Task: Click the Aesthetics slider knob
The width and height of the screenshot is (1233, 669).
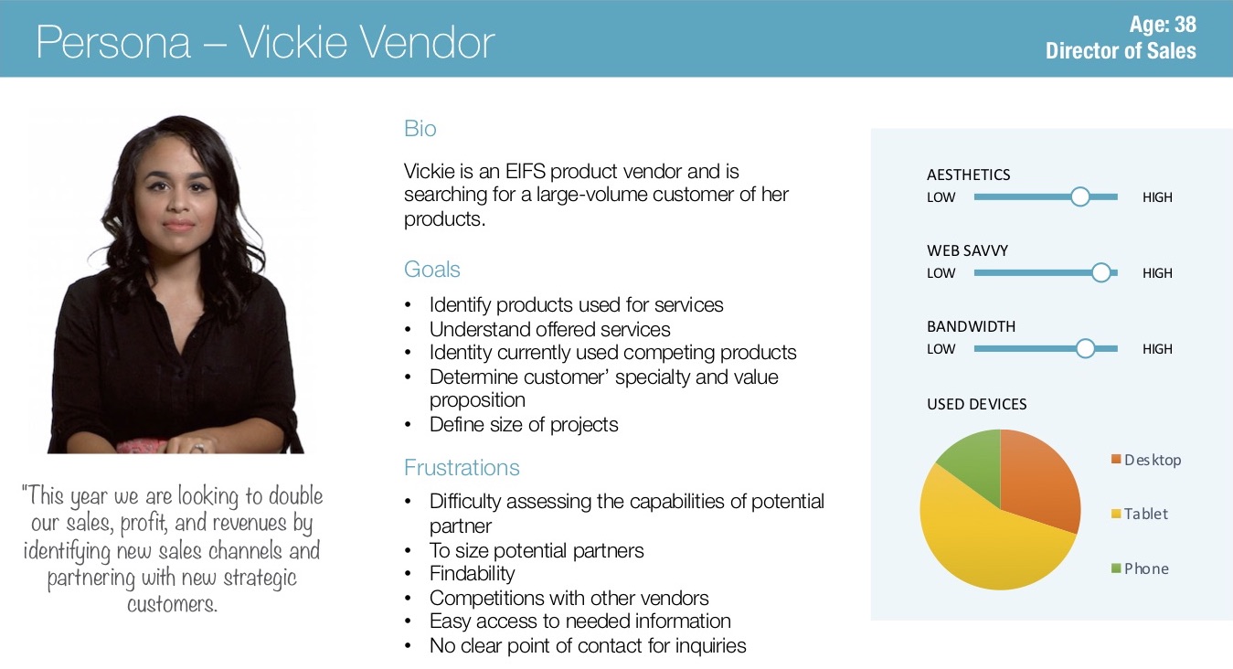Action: click(1080, 196)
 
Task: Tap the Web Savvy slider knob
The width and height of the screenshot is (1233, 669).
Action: click(1100, 272)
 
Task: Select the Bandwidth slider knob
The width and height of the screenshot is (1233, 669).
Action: click(1085, 348)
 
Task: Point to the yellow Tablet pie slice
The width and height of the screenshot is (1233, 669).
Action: click(985, 545)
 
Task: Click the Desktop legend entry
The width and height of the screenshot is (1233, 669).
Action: click(1146, 460)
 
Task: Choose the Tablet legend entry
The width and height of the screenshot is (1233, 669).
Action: click(1140, 514)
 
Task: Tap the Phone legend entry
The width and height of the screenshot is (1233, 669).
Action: click(1140, 568)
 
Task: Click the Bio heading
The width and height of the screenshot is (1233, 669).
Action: click(420, 128)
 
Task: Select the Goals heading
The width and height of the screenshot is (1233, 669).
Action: click(431, 270)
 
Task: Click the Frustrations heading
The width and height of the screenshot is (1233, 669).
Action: click(462, 467)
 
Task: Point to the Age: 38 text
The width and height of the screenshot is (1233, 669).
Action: click(1163, 25)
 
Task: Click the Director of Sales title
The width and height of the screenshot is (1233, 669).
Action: click(1121, 50)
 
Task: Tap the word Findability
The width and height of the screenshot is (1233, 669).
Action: click(472, 574)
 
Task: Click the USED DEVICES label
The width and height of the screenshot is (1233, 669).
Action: click(976, 404)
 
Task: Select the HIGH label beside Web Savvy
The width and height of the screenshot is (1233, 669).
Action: click(1157, 273)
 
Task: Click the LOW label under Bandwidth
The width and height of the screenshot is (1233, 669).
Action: click(941, 349)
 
